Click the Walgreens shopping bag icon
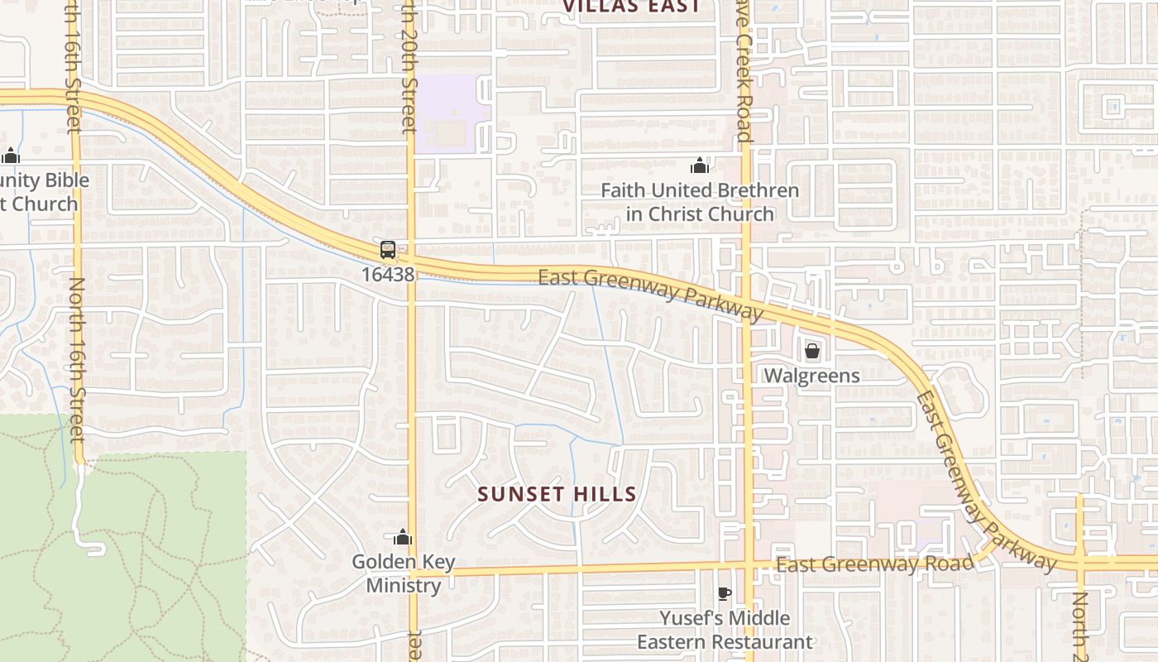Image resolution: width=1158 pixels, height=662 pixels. (811, 351)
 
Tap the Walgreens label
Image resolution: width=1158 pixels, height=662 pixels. (811, 376)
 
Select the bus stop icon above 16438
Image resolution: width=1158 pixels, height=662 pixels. (387, 250)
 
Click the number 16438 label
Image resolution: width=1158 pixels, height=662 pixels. (387, 274)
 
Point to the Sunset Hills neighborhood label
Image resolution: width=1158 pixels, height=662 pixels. (557, 495)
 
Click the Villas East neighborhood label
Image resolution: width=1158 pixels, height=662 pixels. (632, 7)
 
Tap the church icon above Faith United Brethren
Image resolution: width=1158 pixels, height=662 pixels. (700, 166)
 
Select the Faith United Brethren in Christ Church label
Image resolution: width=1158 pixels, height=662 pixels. (700, 202)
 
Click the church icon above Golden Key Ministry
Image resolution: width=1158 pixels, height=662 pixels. (403, 538)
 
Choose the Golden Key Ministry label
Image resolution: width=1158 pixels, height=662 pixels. (404, 574)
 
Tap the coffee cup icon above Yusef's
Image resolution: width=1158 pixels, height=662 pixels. (724, 593)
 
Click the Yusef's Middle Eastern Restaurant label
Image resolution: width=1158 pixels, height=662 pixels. (725, 630)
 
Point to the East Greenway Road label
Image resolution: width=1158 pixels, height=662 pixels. (875, 565)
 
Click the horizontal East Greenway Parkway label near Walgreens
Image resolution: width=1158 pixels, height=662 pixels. (650, 293)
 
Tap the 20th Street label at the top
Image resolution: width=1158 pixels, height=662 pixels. (409, 66)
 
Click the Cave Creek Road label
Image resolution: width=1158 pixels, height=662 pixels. (744, 74)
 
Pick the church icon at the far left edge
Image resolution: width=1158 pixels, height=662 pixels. (11, 156)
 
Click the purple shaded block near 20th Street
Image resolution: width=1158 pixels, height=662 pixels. (447, 114)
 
